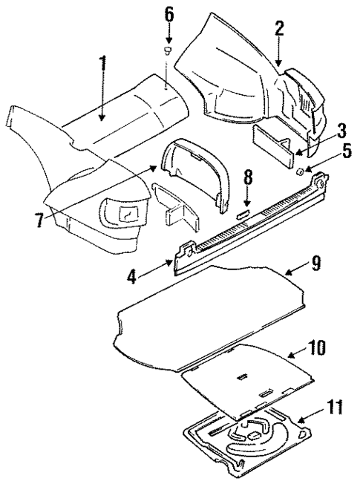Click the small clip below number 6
(x=168, y=50)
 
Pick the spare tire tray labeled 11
(x=249, y=438)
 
